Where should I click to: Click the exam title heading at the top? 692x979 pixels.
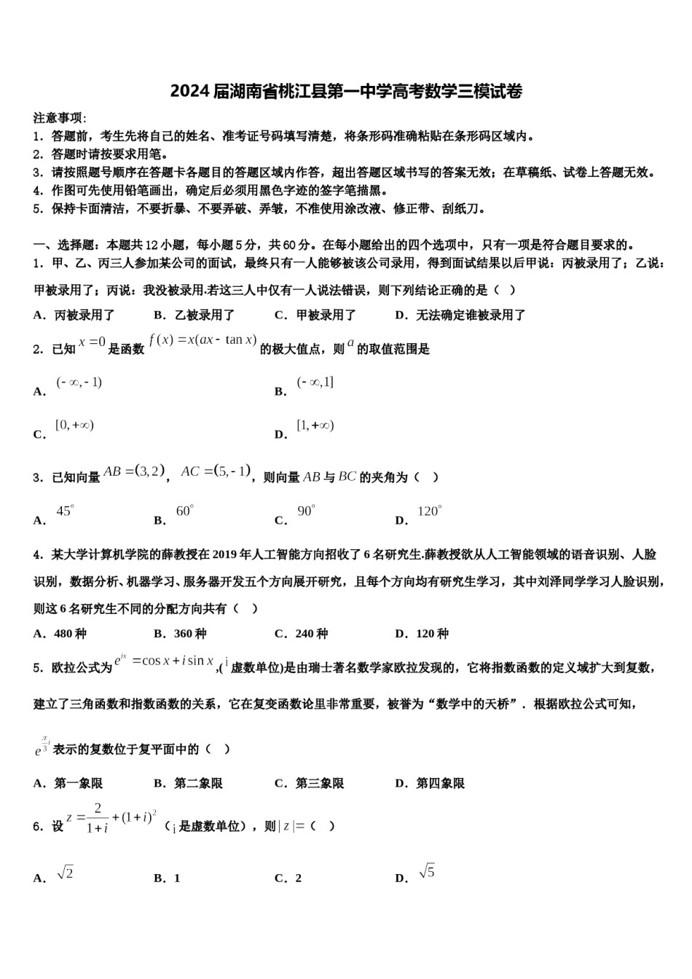coord(346,91)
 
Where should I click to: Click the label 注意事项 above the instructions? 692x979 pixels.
coord(60,118)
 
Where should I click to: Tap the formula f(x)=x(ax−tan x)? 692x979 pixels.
coord(203,340)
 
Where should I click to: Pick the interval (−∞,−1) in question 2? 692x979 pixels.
coord(79,382)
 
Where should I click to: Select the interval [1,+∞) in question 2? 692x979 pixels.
coord(315,426)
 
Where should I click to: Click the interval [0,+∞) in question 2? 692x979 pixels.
coord(74,425)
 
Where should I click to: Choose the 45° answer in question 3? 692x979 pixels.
coord(66,511)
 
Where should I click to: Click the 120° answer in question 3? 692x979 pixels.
coord(430,511)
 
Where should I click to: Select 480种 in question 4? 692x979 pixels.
coord(70,634)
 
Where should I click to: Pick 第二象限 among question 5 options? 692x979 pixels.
coord(198,784)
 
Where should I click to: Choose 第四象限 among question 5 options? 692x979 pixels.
coord(440,784)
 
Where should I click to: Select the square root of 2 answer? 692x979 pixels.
coord(65,873)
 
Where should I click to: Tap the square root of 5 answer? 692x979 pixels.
coord(427,871)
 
